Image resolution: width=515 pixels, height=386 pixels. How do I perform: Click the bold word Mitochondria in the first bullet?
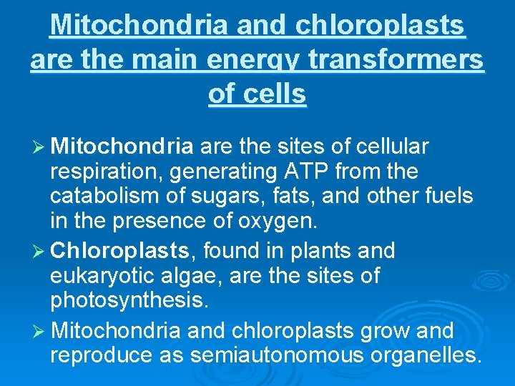tap(122, 147)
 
